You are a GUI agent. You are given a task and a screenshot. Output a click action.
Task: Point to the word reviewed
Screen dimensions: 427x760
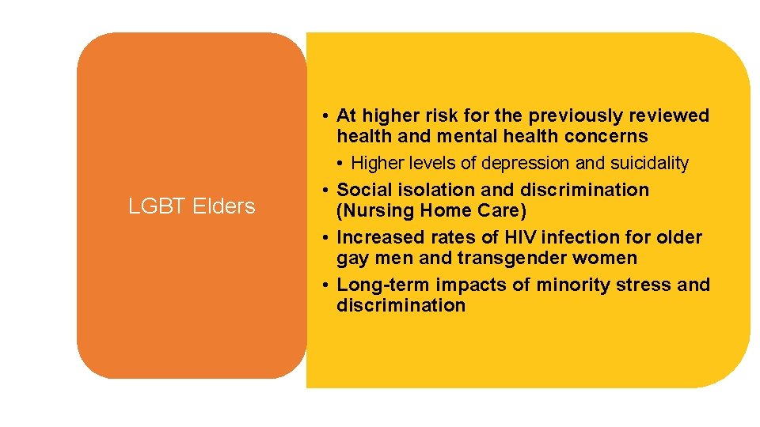click(x=672, y=115)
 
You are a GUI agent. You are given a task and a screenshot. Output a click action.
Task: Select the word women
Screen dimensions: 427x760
click(x=608, y=258)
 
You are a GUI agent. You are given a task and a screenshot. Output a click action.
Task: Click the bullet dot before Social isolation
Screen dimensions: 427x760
click(x=326, y=190)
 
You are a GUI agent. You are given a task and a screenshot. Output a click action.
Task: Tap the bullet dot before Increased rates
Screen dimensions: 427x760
click(x=326, y=237)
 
